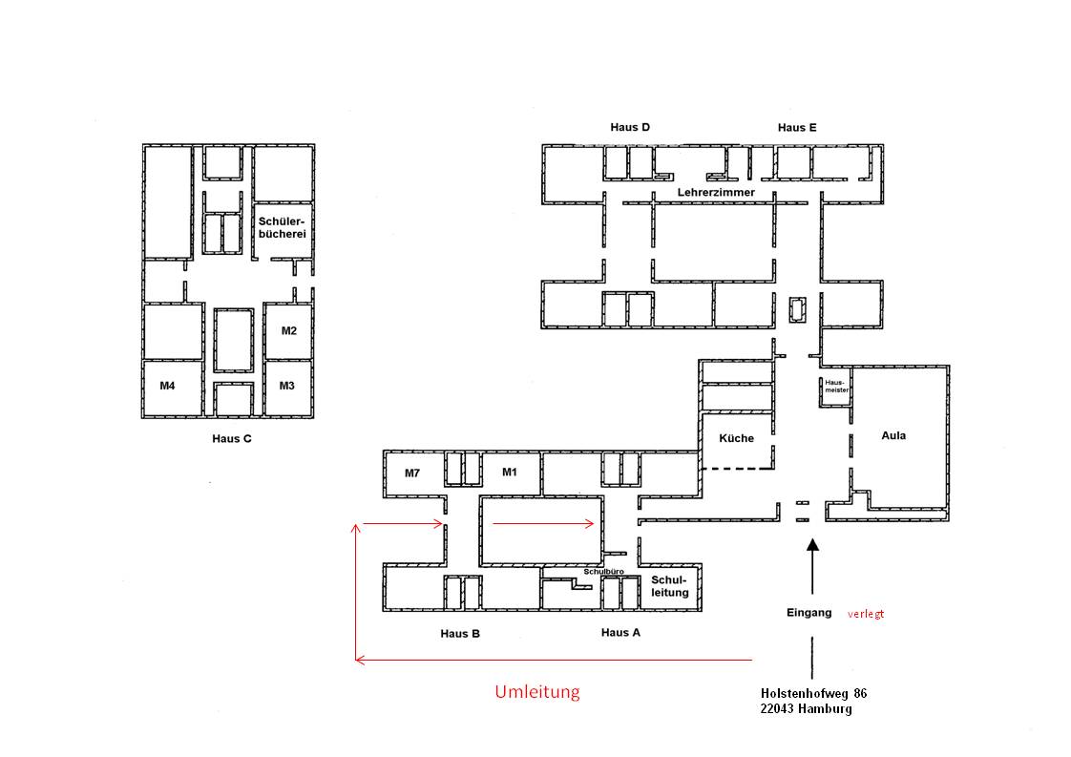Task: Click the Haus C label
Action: coord(232,438)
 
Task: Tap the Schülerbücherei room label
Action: coord(283,227)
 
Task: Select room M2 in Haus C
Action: coord(289,330)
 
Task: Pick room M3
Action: coord(287,387)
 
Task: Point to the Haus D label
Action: coord(630,127)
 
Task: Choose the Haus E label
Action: coord(797,127)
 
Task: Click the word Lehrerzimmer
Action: coord(716,193)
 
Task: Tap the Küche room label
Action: coord(736,438)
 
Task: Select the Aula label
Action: coord(893,435)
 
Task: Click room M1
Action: coord(511,473)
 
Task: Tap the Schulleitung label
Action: coord(669,586)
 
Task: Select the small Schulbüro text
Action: coord(604,571)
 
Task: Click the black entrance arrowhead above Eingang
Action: coord(812,545)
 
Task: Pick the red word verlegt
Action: coord(866,614)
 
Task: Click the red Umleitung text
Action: coord(537,691)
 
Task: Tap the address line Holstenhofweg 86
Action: coord(813,693)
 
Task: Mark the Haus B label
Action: coord(460,633)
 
